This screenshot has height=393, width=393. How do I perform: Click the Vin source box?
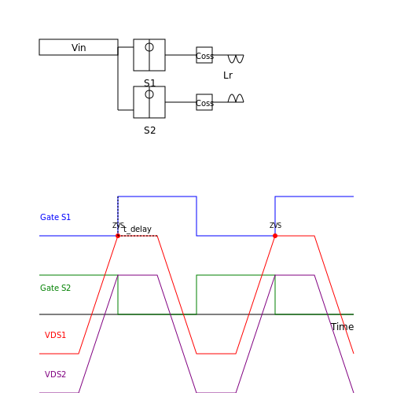click(79, 47)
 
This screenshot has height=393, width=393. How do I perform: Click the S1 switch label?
click(149, 83)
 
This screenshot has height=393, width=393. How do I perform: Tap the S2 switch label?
click(149, 130)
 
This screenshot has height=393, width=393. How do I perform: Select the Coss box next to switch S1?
click(204, 55)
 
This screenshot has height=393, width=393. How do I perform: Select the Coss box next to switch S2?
click(204, 102)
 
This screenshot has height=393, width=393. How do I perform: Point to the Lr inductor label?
click(228, 75)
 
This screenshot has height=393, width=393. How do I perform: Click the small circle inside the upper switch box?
click(149, 47)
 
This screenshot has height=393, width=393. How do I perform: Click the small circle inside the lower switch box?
click(149, 94)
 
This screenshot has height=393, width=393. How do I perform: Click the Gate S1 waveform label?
click(55, 217)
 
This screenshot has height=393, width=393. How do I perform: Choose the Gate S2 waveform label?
click(55, 288)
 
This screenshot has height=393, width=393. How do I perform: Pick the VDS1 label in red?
click(55, 335)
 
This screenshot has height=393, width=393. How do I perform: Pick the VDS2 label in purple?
click(55, 374)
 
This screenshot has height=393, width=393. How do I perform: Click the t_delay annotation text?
click(138, 230)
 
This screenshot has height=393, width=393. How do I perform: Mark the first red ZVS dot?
click(118, 236)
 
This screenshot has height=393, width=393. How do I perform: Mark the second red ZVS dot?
click(275, 236)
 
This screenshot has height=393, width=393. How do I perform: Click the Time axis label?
click(342, 327)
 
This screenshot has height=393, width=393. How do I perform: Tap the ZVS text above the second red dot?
click(276, 225)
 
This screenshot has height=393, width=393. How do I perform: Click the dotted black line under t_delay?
click(138, 236)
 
